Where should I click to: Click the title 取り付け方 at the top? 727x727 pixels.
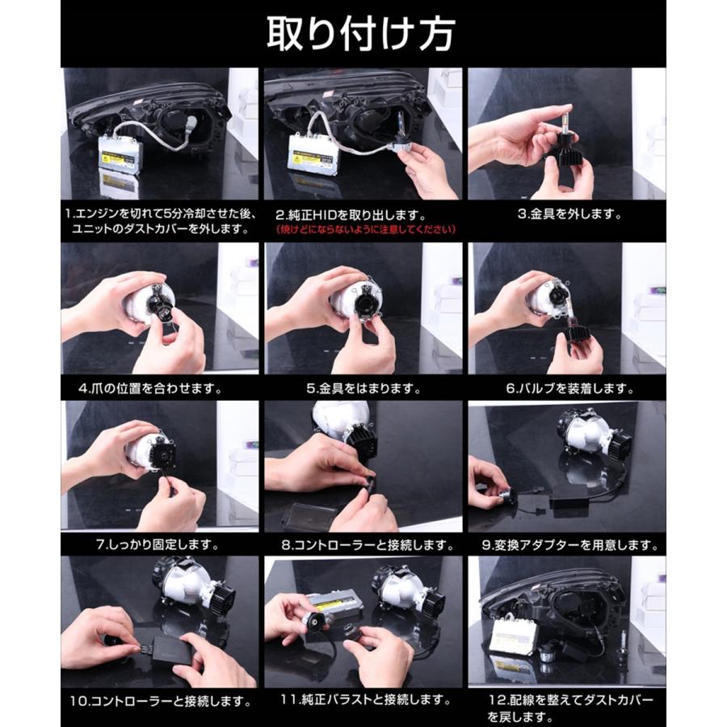360,34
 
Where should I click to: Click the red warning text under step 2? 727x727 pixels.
365,229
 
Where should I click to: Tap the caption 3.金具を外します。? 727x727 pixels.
569,214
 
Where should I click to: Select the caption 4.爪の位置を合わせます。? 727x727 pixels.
149,388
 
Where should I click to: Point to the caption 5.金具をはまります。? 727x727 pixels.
363,388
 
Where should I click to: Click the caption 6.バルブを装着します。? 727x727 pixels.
569,388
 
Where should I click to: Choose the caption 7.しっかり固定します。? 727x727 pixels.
158,544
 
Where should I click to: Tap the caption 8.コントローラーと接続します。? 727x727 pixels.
368,544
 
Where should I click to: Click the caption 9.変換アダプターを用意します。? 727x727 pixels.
569,544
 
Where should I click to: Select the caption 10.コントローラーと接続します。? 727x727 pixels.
161,700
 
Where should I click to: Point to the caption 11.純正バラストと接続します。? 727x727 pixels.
365,700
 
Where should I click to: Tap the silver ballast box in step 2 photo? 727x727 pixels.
313,153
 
